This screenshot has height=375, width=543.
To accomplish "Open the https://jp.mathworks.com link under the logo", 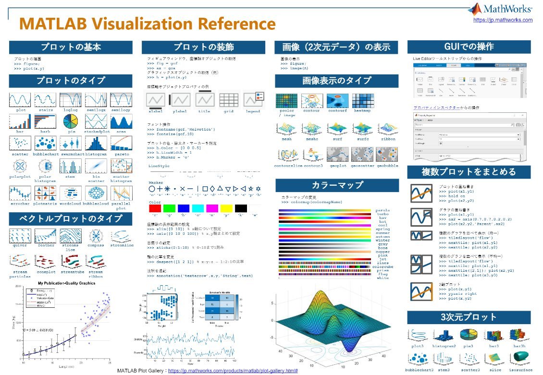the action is tap(503, 20).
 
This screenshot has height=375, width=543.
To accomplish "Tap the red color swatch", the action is tap(155, 208).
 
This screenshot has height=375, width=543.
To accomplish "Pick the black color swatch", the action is tap(241, 208).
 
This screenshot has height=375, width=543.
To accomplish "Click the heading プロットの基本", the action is tap(71, 47).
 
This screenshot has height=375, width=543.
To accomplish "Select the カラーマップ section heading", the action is tap(337, 185).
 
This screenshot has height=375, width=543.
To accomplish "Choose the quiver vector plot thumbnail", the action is tap(20, 236).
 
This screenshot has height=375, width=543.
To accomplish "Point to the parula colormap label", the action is tap(383, 210).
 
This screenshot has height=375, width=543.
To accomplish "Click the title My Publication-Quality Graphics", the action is tap(66, 283).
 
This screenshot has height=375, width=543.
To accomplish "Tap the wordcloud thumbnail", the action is tap(71, 193).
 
